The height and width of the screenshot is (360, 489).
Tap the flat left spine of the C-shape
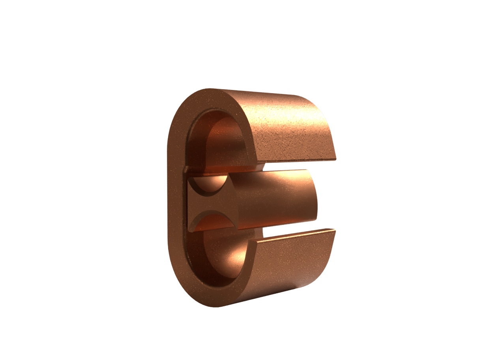(x=174, y=197)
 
